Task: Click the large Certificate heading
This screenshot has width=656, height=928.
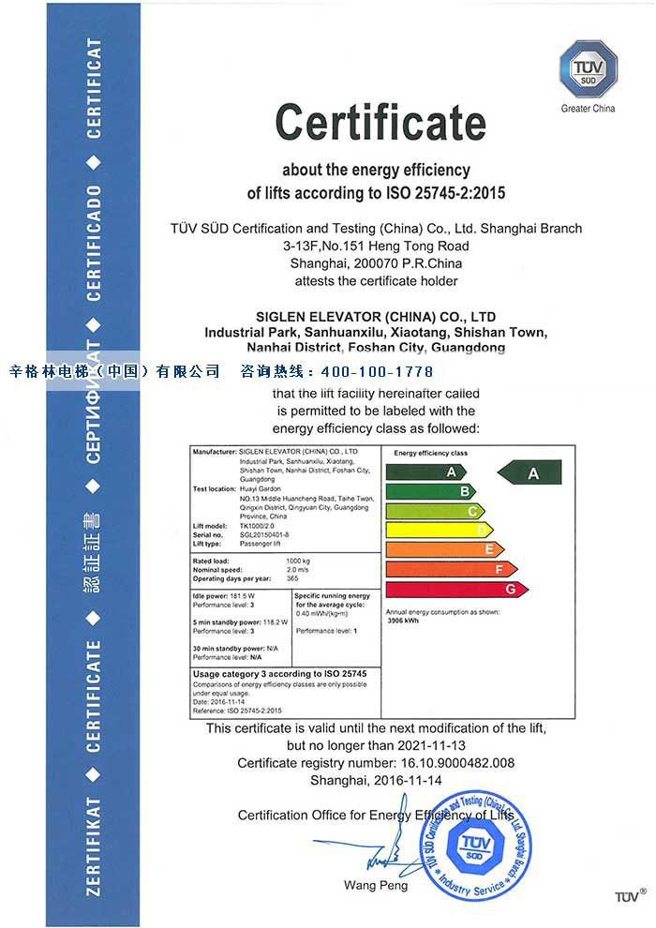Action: pos(380,122)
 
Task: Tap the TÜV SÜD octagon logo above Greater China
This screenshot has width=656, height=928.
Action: pos(588,68)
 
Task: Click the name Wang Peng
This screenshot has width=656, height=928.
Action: pos(367,885)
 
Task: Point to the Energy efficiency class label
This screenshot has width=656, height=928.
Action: pos(431,453)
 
